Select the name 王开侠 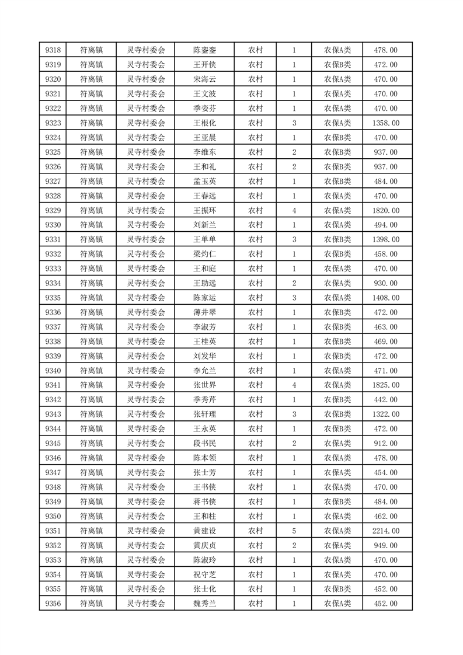pos(204,65)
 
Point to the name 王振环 pos(204,211)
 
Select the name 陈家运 pos(204,298)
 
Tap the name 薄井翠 pos(204,312)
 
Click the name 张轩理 pos(204,414)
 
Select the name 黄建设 pos(204,531)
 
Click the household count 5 pos(294,531)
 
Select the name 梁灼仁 pos(204,255)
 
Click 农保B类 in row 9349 pos(337,501)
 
